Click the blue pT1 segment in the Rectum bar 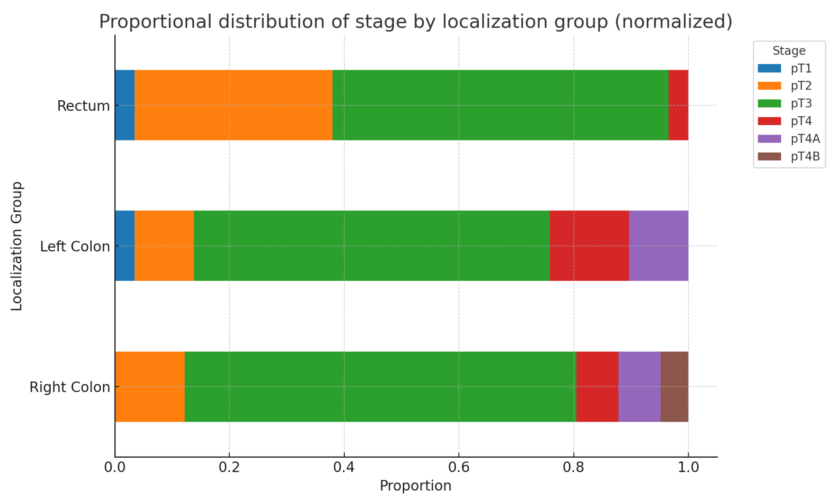124,105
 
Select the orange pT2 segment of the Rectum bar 233,105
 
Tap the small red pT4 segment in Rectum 678,105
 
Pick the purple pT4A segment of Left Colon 658,246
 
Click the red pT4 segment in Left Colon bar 589,246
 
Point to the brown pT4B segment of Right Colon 674,387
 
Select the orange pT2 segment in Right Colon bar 150,387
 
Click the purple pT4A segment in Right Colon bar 639,387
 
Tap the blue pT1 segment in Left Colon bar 124,246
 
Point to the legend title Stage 789,51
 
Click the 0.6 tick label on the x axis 459,467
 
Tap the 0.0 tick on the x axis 115,467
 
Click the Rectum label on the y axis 83,106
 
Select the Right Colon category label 70,387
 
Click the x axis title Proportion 415,486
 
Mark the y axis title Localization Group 17,246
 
